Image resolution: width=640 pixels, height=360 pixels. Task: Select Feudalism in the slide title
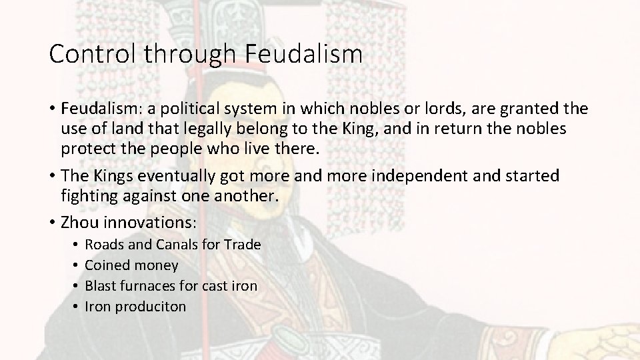[305, 54]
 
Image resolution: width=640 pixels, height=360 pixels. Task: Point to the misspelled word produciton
[151, 307]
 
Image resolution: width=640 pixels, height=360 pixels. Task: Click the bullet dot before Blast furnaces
[77, 286]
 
